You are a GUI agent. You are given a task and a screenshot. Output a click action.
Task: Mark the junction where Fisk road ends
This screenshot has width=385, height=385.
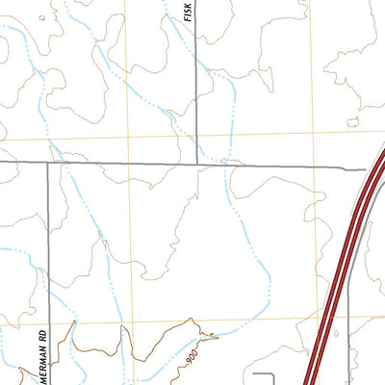(x=197, y=164)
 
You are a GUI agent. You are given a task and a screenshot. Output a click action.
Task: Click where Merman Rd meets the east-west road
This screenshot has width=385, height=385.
(x=47, y=164)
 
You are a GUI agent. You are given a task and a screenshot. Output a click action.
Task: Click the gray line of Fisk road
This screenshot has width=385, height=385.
(x=197, y=96)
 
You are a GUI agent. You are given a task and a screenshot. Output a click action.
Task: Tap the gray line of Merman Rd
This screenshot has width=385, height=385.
(x=47, y=250)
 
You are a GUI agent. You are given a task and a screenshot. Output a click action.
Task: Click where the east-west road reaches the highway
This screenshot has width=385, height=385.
(x=366, y=169)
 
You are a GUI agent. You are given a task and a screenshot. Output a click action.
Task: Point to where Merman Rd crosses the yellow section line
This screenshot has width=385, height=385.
(x=47, y=321)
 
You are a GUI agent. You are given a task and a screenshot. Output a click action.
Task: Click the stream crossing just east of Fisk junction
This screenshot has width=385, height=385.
(x=228, y=164)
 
